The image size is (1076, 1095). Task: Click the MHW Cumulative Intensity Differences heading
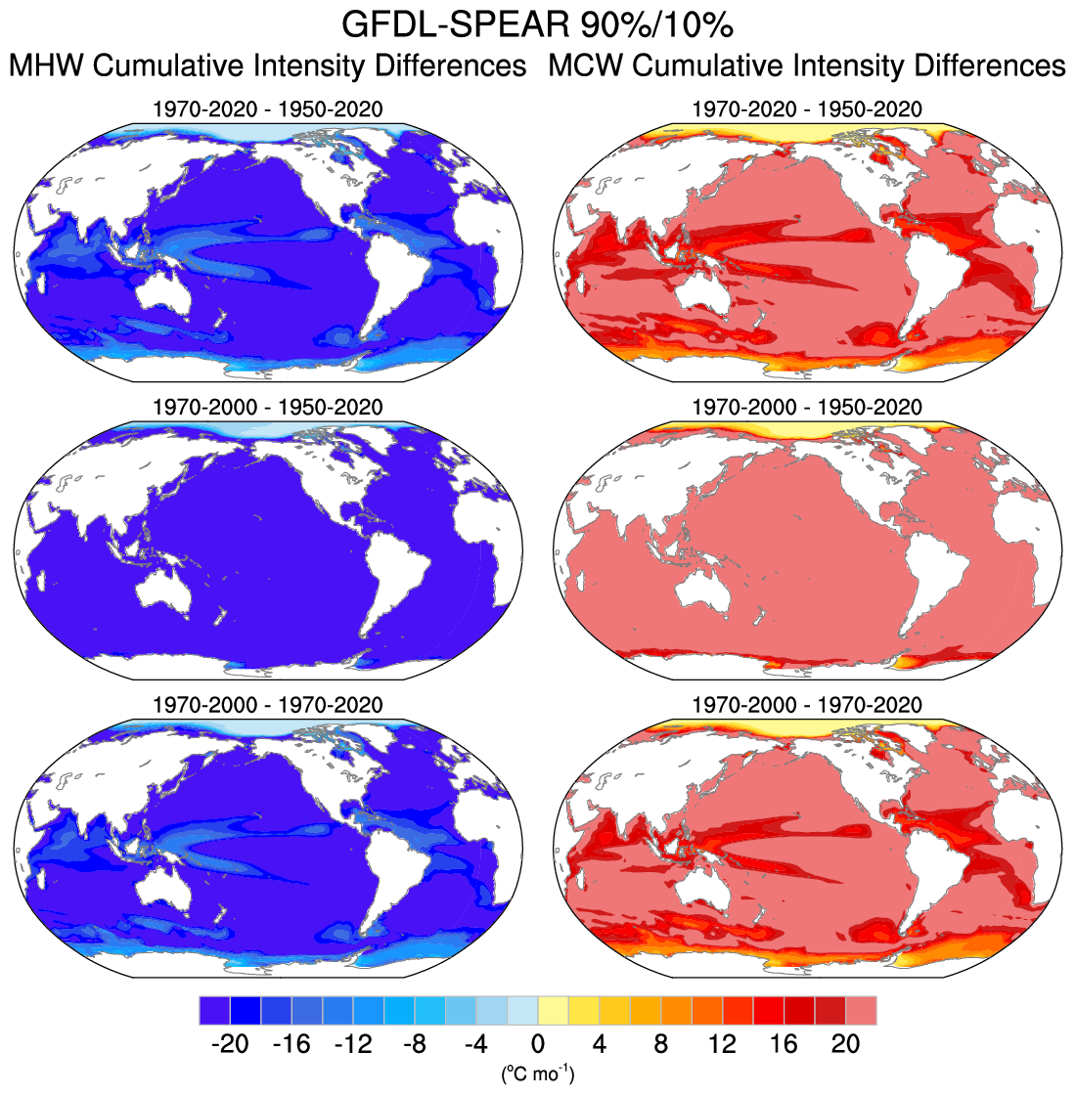tap(268, 66)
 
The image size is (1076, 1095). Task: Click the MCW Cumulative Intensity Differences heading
tap(807, 66)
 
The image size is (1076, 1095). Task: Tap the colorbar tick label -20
tap(230, 1043)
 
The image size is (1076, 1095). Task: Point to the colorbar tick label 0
tap(538, 1043)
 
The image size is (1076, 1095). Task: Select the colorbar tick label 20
tap(846, 1043)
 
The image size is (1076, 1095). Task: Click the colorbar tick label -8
tap(415, 1043)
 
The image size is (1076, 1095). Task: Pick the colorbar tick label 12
tap(723, 1043)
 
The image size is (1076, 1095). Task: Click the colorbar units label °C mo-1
tap(538, 1073)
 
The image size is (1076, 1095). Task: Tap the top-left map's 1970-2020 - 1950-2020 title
tap(268, 109)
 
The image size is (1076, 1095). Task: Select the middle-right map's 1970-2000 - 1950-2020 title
tap(807, 407)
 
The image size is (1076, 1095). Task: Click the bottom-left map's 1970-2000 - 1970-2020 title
tap(268, 705)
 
